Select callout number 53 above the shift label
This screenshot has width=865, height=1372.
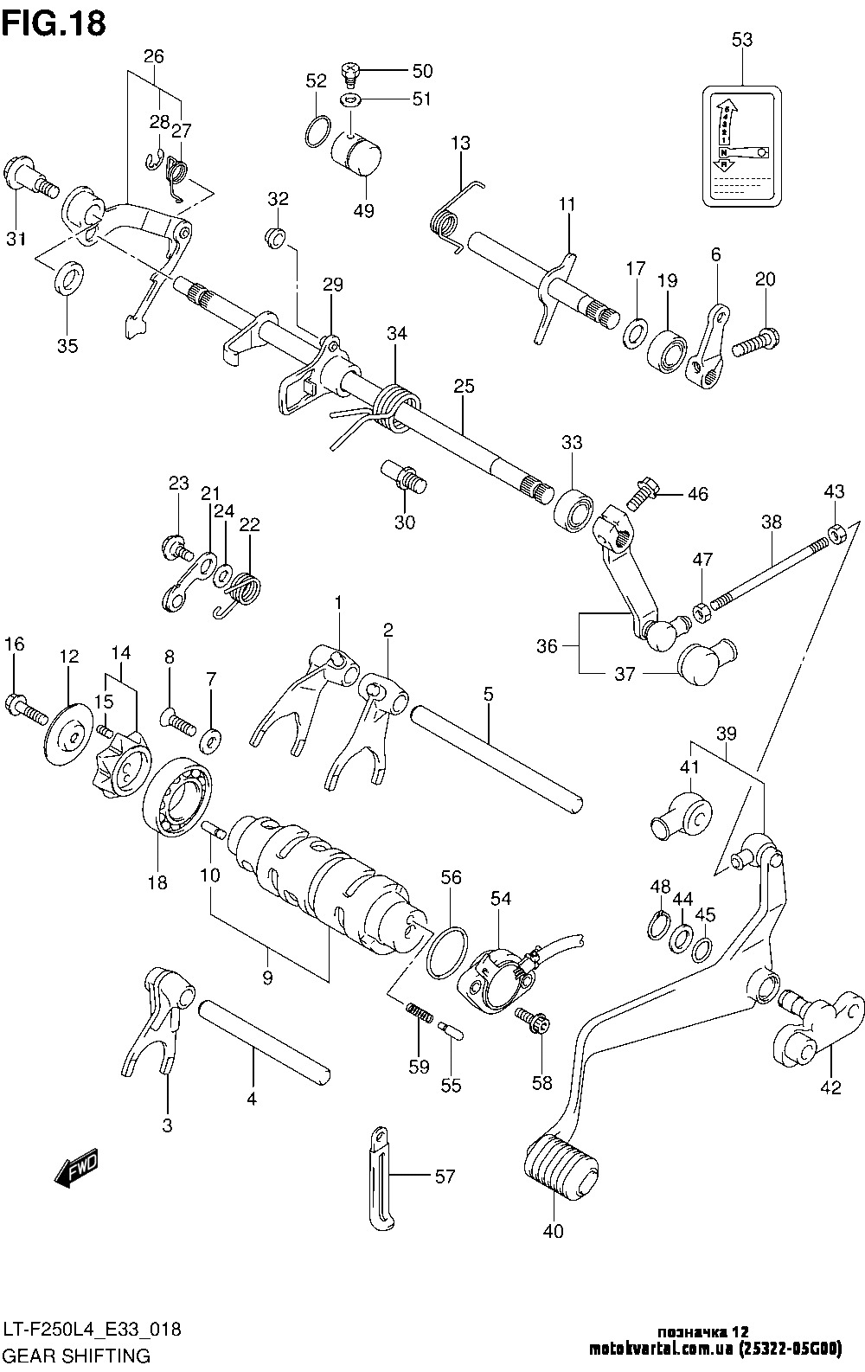(x=741, y=39)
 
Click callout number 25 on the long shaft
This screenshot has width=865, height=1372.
(x=464, y=386)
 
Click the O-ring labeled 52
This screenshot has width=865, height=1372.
(x=317, y=130)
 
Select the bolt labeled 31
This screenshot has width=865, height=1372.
(x=29, y=176)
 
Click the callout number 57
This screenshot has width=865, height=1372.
(x=445, y=1176)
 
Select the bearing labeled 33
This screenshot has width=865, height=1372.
(x=573, y=507)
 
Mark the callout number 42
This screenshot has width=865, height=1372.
(x=830, y=1088)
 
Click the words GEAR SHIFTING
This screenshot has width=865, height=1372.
(x=78, y=1354)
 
